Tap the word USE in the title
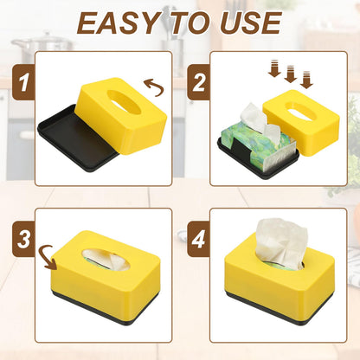(251, 23)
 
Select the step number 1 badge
(23, 82)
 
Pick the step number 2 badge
(199, 82)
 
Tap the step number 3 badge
(23, 239)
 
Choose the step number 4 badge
(199, 239)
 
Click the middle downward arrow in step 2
(291, 74)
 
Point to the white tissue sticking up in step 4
(280, 243)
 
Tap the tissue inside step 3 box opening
(106, 260)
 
